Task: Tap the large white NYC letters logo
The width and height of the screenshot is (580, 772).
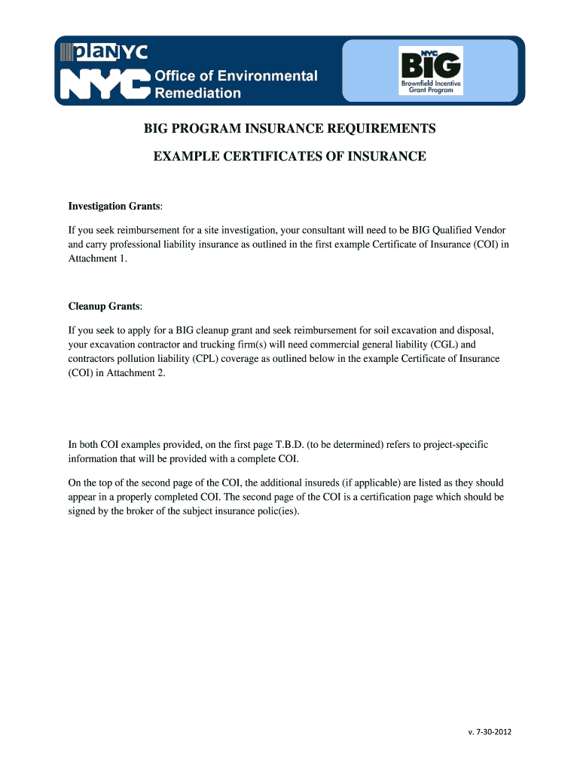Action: click(104, 84)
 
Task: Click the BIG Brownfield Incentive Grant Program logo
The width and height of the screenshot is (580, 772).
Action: click(430, 70)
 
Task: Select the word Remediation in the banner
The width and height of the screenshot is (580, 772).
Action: click(198, 93)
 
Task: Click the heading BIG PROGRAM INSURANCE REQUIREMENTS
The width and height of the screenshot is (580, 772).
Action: click(290, 129)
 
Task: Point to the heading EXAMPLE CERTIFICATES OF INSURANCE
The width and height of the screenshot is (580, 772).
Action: click(290, 157)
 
